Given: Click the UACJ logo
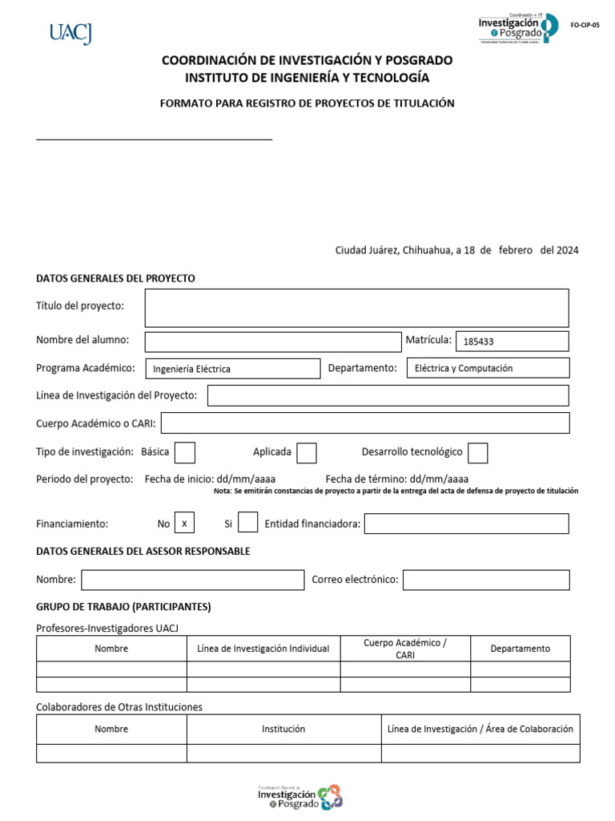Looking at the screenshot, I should click(x=70, y=33).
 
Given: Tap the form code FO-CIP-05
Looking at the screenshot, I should click(x=585, y=26).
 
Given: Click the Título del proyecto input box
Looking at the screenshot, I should click(x=356, y=308).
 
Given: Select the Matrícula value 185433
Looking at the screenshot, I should click(x=479, y=342).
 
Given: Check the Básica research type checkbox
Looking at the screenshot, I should click(x=185, y=453).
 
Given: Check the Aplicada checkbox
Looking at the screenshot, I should click(x=307, y=453).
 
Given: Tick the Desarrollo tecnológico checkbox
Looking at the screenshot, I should click(x=478, y=453).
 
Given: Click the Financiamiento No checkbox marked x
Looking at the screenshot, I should click(x=184, y=523).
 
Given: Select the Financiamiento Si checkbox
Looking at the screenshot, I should click(x=248, y=523).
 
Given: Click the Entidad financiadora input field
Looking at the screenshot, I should click(x=467, y=524).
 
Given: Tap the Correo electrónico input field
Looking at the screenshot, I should click(x=486, y=580).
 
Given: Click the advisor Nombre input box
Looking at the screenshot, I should click(x=192, y=580).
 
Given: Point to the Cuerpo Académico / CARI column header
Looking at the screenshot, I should click(x=405, y=649).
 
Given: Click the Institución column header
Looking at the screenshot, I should click(x=283, y=729).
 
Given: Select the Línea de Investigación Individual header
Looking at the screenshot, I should click(x=263, y=649).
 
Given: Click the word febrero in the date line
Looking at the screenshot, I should click(x=516, y=250).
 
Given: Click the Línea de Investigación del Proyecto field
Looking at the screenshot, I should click(x=388, y=395).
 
